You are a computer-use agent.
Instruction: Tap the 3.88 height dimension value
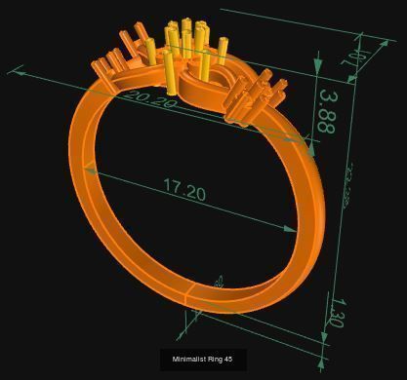tap(326, 112)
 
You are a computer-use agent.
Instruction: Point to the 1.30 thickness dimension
tap(335, 312)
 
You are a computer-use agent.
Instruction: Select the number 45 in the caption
tap(227, 360)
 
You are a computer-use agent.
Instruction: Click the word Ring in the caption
tap(214, 360)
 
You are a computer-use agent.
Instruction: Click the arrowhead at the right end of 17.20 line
tap(290, 229)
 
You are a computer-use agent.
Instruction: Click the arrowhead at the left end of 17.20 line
tap(91, 171)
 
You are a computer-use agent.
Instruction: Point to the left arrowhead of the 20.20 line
tap(14, 70)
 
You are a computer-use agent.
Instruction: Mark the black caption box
tap(202, 360)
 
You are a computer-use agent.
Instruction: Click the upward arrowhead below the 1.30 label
tap(323, 337)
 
